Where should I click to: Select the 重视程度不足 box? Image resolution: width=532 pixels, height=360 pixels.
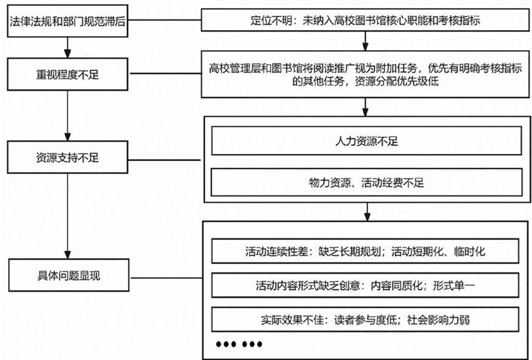click(66, 76)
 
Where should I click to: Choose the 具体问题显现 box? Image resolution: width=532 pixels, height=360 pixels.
click(66, 275)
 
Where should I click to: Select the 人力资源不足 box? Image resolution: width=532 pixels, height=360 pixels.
click(366, 141)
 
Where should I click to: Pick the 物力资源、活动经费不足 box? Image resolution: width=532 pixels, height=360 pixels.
click(366, 183)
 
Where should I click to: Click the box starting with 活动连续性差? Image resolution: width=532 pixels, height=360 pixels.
click(366, 252)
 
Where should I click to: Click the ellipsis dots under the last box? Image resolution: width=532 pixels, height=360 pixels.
click(238, 345)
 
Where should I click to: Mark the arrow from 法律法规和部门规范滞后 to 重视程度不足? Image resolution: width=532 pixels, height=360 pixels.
click(66, 49)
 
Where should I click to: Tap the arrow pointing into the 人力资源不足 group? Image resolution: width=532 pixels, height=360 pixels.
click(366, 106)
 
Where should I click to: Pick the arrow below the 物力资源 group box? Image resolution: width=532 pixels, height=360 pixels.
click(366, 212)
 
